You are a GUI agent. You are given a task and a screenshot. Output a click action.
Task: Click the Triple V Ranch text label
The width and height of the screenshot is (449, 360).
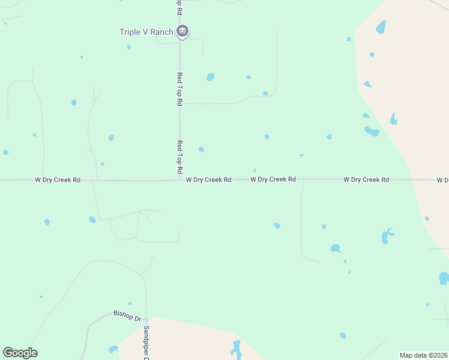click(146, 32)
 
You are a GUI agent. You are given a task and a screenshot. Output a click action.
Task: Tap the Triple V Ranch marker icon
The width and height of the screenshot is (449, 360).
click(183, 32)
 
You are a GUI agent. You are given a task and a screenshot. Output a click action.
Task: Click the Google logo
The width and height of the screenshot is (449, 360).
click(20, 353)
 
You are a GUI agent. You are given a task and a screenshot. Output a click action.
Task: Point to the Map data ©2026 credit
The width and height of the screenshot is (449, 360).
click(423, 355)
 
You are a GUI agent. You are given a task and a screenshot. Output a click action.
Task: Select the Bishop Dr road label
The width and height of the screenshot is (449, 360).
click(127, 314)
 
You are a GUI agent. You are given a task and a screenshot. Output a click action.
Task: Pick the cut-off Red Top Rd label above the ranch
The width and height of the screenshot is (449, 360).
click(179, 7)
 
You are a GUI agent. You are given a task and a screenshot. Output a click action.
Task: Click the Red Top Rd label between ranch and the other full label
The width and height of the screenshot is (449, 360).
click(179, 89)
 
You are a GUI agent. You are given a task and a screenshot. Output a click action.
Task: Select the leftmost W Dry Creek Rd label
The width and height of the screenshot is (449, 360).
click(58, 179)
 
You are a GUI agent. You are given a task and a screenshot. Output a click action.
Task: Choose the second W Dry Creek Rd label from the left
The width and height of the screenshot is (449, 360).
click(209, 179)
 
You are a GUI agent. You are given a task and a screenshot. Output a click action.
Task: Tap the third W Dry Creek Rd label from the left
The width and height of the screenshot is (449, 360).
click(273, 179)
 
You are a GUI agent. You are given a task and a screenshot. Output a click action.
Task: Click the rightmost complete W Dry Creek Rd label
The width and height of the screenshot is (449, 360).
click(366, 179)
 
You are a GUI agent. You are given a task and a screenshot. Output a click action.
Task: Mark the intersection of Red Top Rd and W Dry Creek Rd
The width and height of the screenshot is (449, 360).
click(179, 179)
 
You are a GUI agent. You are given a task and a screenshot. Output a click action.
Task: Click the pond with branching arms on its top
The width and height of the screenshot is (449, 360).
click(386, 236)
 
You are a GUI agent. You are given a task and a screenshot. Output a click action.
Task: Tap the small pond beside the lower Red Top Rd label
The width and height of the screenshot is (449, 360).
click(202, 149)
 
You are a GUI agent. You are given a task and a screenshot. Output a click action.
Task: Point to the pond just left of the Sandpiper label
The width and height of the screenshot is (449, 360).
click(113, 349)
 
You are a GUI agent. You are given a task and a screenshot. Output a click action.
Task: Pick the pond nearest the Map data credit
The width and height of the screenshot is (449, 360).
click(342, 335)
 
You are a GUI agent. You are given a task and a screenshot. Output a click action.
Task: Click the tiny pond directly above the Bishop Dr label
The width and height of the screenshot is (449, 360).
click(130, 304)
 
